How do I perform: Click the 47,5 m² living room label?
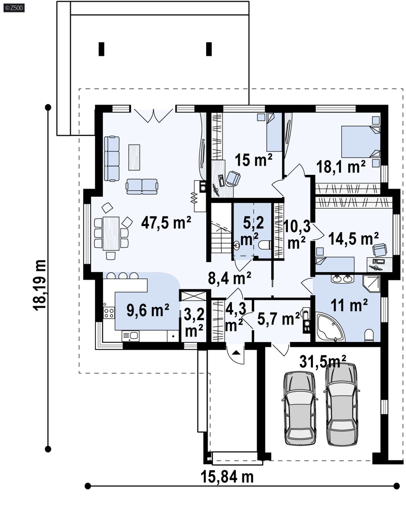pyautogui.click(x=166, y=222)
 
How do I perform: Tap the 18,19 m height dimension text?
pyautogui.click(x=39, y=285)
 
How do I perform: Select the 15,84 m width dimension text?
pyautogui.click(x=227, y=477)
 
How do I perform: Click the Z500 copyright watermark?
pyautogui.click(x=14, y=8)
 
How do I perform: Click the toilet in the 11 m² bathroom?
pyautogui.click(x=369, y=335)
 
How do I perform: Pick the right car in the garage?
pyautogui.click(x=342, y=404)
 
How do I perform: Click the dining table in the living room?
pyautogui.click(x=111, y=233)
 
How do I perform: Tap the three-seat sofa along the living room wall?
pyautogui.click(x=112, y=158)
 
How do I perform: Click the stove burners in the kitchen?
pyautogui.click(x=109, y=313)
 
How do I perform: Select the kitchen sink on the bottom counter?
pyautogui.click(x=130, y=336)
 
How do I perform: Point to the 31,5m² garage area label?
pyautogui.click(x=323, y=361)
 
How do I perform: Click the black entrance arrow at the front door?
pyautogui.click(x=236, y=353)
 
